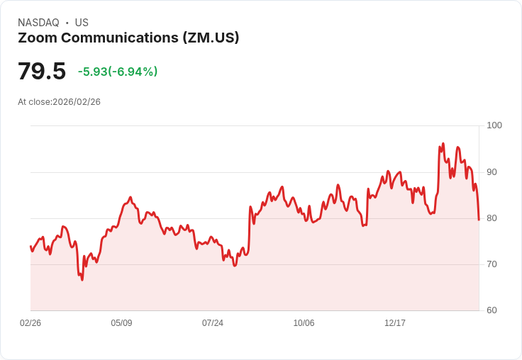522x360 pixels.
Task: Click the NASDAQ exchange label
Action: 38,23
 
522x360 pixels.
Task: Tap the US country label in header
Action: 82,23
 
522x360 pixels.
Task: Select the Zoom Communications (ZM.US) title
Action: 128,38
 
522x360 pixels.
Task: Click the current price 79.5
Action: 42,71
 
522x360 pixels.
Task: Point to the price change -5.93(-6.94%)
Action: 118,72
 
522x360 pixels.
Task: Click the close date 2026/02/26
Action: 77,102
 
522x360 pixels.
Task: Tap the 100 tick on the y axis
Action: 494,125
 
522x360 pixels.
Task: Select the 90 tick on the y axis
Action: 492,172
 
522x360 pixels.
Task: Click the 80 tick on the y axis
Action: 492,218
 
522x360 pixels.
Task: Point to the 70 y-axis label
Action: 492,264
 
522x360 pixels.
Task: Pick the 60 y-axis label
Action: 492,310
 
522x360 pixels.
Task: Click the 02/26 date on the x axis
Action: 30,323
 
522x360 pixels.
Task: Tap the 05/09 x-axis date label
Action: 121,323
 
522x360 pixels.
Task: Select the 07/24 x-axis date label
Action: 213,323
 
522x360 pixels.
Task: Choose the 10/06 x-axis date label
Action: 304,323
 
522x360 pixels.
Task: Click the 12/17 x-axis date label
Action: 395,323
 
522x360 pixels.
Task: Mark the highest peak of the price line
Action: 443,144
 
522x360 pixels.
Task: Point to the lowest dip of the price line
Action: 82,280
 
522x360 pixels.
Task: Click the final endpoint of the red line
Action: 479,220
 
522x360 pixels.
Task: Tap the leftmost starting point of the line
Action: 30,246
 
